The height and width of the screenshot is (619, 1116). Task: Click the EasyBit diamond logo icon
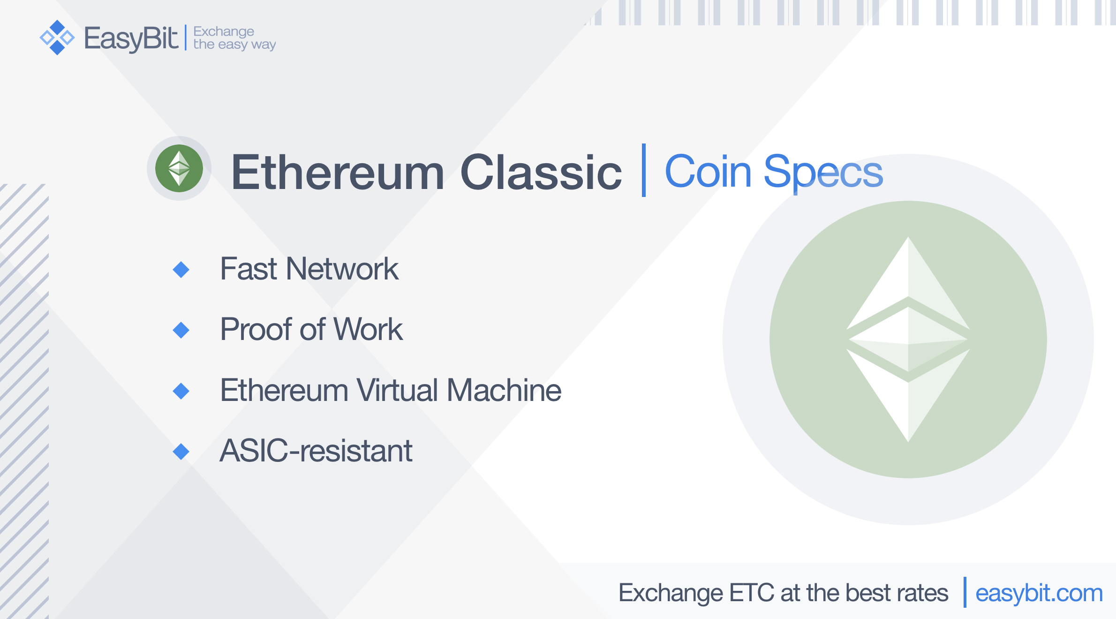coord(57,38)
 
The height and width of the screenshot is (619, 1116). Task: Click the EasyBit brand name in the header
coord(131,38)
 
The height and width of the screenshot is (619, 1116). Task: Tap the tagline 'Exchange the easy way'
coord(234,38)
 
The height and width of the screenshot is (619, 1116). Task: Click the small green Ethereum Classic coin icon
coord(179,168)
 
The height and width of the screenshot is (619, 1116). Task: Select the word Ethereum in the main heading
coord(338,173)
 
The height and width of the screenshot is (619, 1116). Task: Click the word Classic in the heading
coord(541,173)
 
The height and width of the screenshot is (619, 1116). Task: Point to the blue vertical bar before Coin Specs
coord(644,170)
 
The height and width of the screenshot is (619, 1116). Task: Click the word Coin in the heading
coord(709,172)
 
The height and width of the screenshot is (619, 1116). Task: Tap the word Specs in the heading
coord(823,174)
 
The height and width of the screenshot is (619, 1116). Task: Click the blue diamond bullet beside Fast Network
coord(181,270)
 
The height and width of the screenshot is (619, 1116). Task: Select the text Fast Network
coord(309,269)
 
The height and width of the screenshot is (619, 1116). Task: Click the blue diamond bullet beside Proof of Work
coord(181,330)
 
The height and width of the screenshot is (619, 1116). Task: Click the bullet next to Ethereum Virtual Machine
coord(181,391)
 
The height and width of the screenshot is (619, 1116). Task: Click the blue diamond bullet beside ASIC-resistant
coord(181,452)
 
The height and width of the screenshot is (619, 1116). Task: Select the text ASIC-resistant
coord(317,451)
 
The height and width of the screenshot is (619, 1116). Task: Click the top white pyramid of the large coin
coord(908,291)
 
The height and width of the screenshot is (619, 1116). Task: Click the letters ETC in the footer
coord(752,593)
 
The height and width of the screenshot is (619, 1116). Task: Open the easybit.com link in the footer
coord(1039,594)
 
